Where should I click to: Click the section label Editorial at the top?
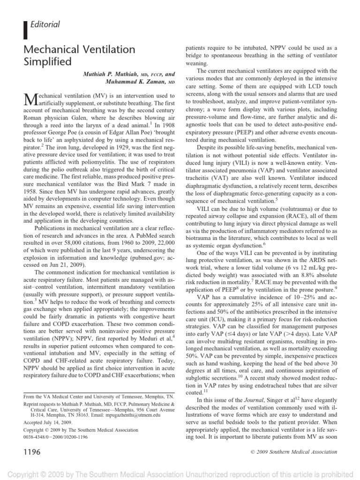click(45, 24)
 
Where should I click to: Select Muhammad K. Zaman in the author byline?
click(135, 81)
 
